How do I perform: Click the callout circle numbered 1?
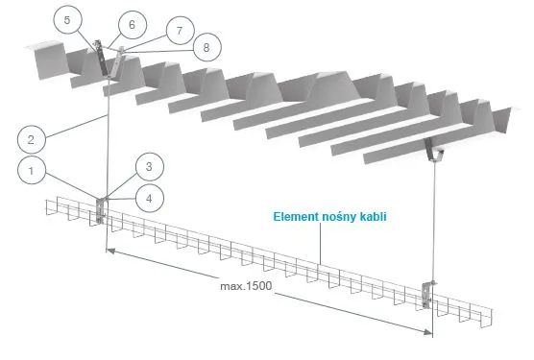click(x=32, y=170)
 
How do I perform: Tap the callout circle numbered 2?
click(x=32, y=139)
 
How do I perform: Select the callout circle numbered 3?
click(x=150, y=167)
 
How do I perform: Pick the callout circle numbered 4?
click(x=150, y=199)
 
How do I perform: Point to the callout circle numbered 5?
click(x=68, y=20)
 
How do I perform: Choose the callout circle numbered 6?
click(x=133, y=25)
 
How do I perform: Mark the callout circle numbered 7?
click(x=181, y=31)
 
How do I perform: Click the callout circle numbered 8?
click(x=207, y=47)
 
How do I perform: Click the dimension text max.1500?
click(x=246, y=286)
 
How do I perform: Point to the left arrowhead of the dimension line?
click(x=110, y=252)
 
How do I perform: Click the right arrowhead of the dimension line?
click(x=427, y=331)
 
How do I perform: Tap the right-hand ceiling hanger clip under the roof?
click(x=434, y=150)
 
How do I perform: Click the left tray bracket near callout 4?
click(x=101, y=210)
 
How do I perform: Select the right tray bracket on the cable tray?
click(x=427, y=295)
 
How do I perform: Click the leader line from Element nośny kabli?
click(x=320, y=244)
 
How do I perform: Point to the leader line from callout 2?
click(x=77, y=127)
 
